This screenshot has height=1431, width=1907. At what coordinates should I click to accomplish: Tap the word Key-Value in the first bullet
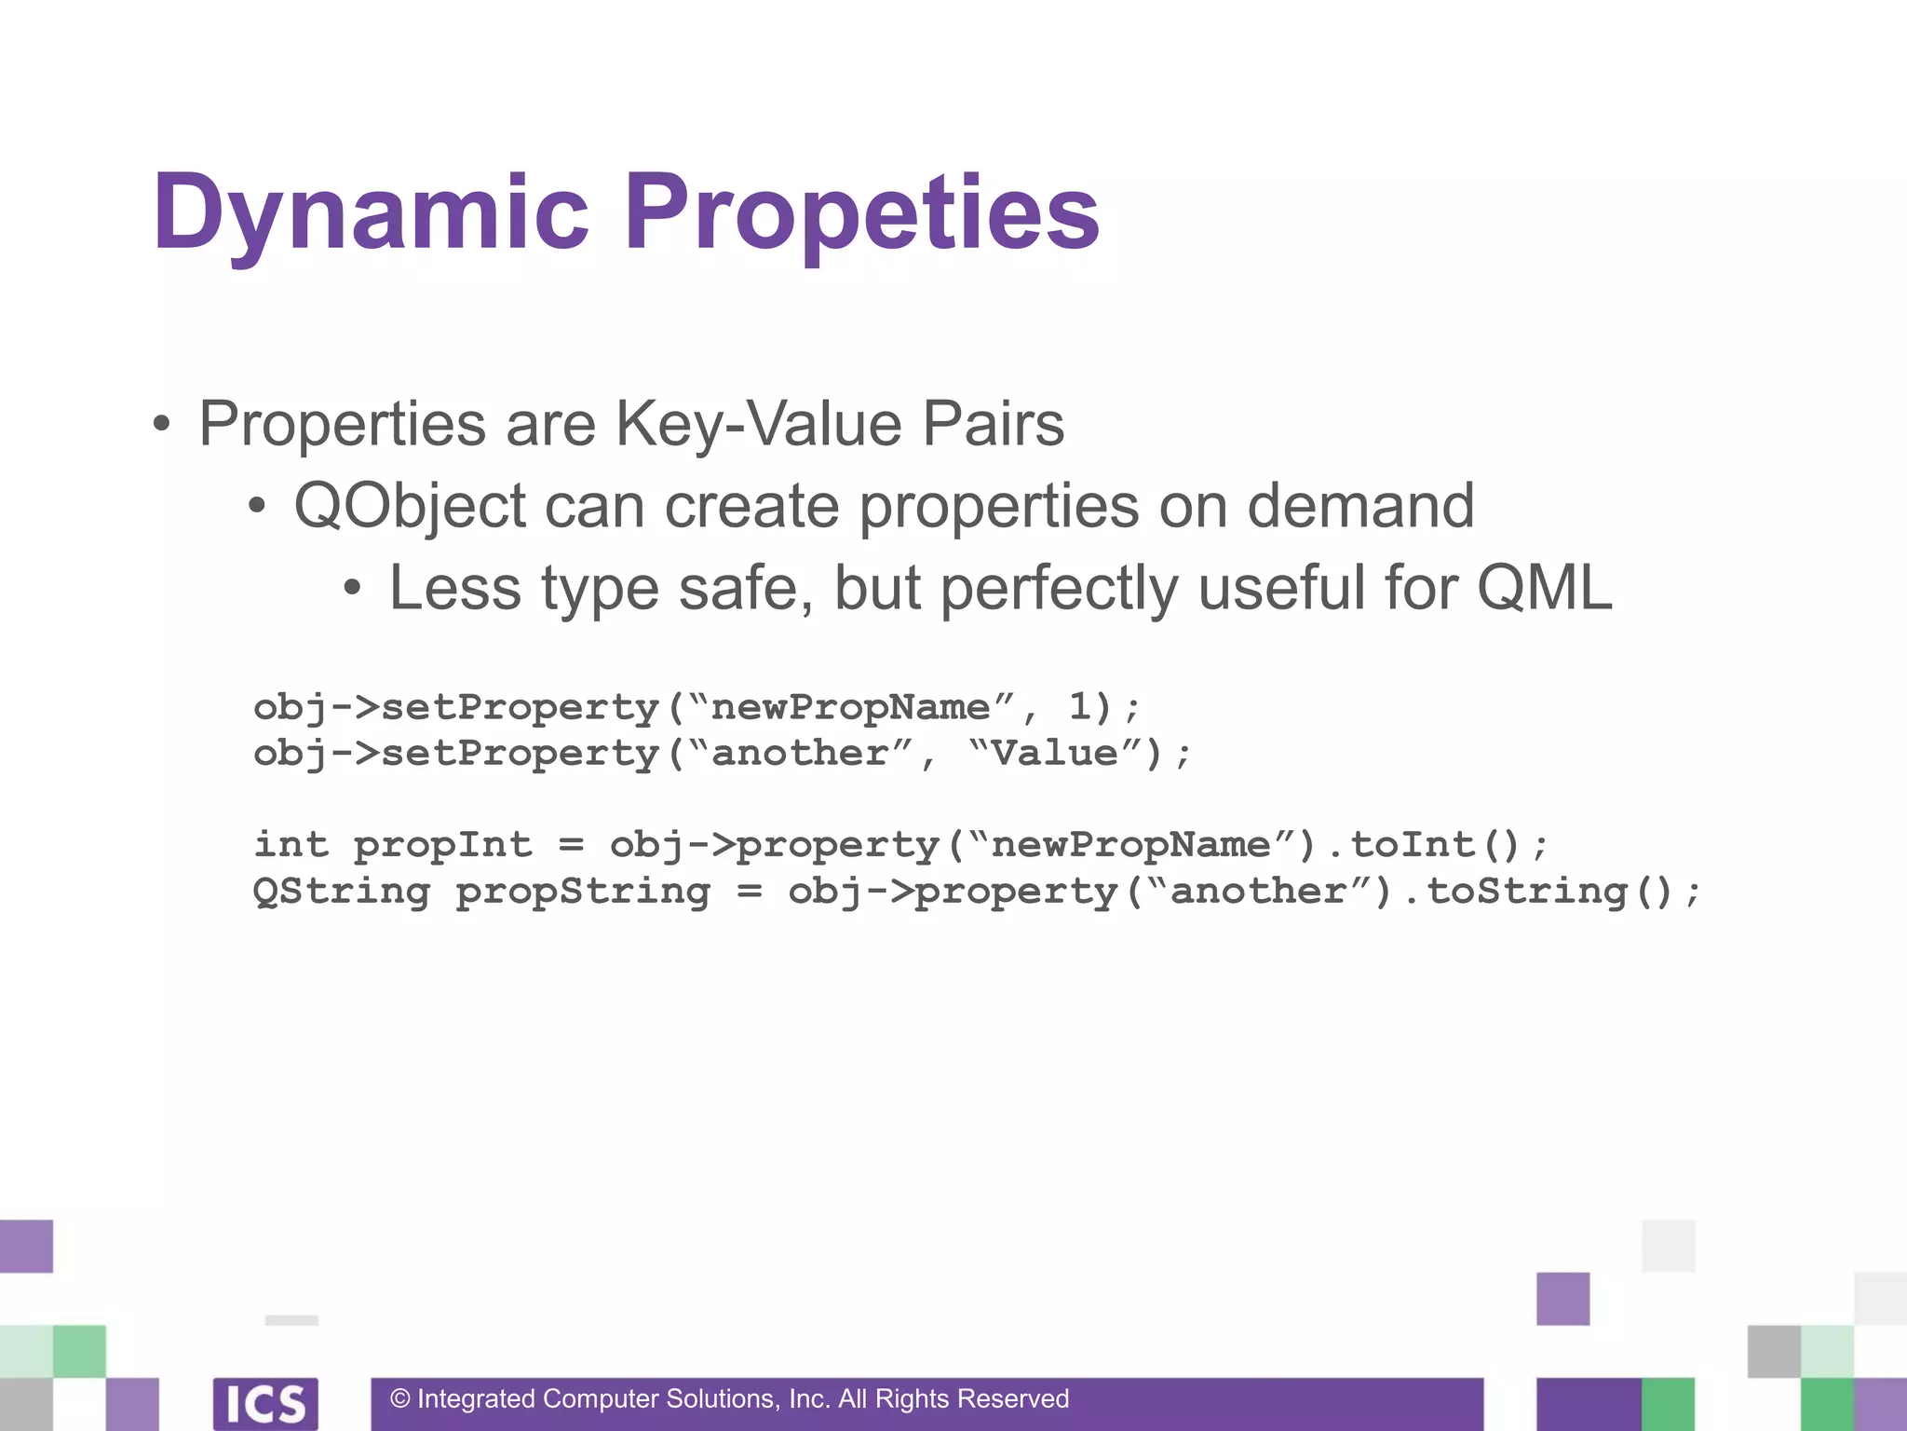pos(758,424)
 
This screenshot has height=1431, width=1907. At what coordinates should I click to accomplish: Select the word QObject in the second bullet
pos(410,507)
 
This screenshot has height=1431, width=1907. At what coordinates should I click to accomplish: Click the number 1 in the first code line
pos(1080,706)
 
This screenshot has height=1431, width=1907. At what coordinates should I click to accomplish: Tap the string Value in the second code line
pos(1055,753)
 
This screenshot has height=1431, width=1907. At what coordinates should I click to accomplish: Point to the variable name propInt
pos(442,844)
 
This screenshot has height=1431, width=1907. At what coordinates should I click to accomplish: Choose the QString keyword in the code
pos(341,891)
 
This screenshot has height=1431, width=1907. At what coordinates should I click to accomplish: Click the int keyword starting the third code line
pos(291,844)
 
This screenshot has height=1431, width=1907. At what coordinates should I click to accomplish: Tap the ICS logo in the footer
pos(265,1403)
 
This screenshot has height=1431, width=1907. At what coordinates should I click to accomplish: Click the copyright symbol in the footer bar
pos(400,1398)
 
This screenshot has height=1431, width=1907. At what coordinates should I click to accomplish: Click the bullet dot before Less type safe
pos(351,589)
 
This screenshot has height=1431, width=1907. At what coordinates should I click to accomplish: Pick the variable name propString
pos(583,891)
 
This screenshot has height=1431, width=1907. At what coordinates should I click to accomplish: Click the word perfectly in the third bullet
pos(1060,589)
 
